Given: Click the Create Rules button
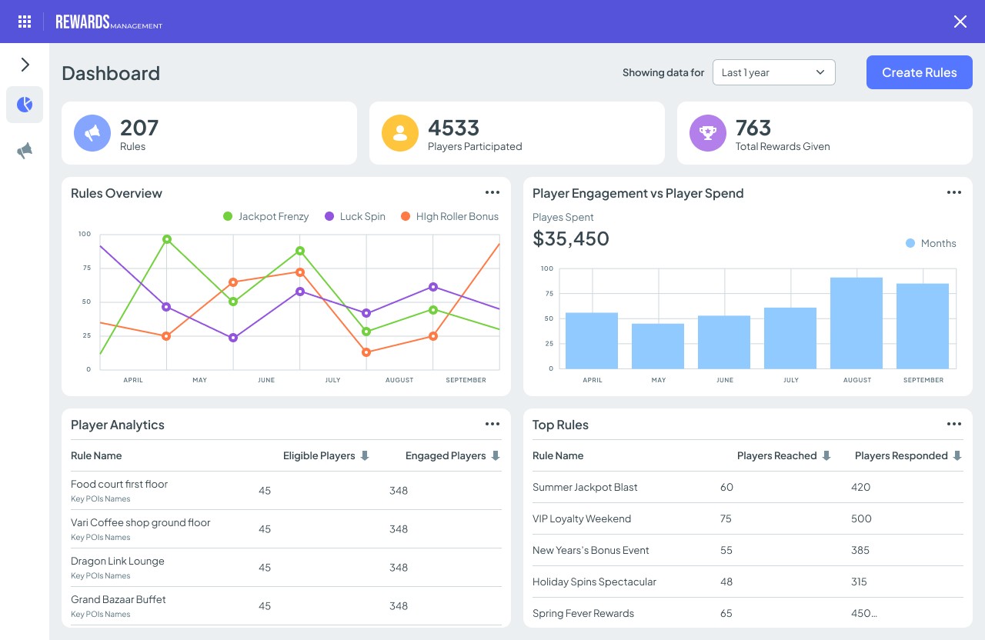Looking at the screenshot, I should [x=919, y=72].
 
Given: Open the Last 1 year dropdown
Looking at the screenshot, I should [x=773, y=72].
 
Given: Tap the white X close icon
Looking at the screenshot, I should [x=960, y=22].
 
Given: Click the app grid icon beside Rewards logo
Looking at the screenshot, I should [x=25, y=22].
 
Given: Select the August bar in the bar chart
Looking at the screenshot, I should [x=856, y=322].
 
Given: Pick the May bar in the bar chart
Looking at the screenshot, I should [x=658, y=345].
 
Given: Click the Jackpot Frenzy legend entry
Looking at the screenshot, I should [x=265, y=217].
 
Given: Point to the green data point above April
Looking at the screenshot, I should [x=167, y=239].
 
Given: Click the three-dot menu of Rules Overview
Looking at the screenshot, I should [x=492, y=192].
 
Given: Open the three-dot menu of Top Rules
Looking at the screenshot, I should [x=954, y=424].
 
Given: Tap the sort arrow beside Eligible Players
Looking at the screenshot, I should [x=365, y=455].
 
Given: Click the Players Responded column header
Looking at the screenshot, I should [x=901, y=455].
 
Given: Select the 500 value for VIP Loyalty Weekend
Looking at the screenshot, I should [x=861, y=518].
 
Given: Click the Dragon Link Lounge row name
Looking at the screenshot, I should [x=118, y=561].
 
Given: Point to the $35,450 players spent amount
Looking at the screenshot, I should [x=571, y=238].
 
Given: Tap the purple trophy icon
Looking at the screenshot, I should [x=708, y=133].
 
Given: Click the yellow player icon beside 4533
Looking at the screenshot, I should [x=400, y=133].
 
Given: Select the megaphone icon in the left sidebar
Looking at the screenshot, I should [x=25, y=151].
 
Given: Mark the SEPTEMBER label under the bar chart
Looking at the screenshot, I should [x=923, y=380].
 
